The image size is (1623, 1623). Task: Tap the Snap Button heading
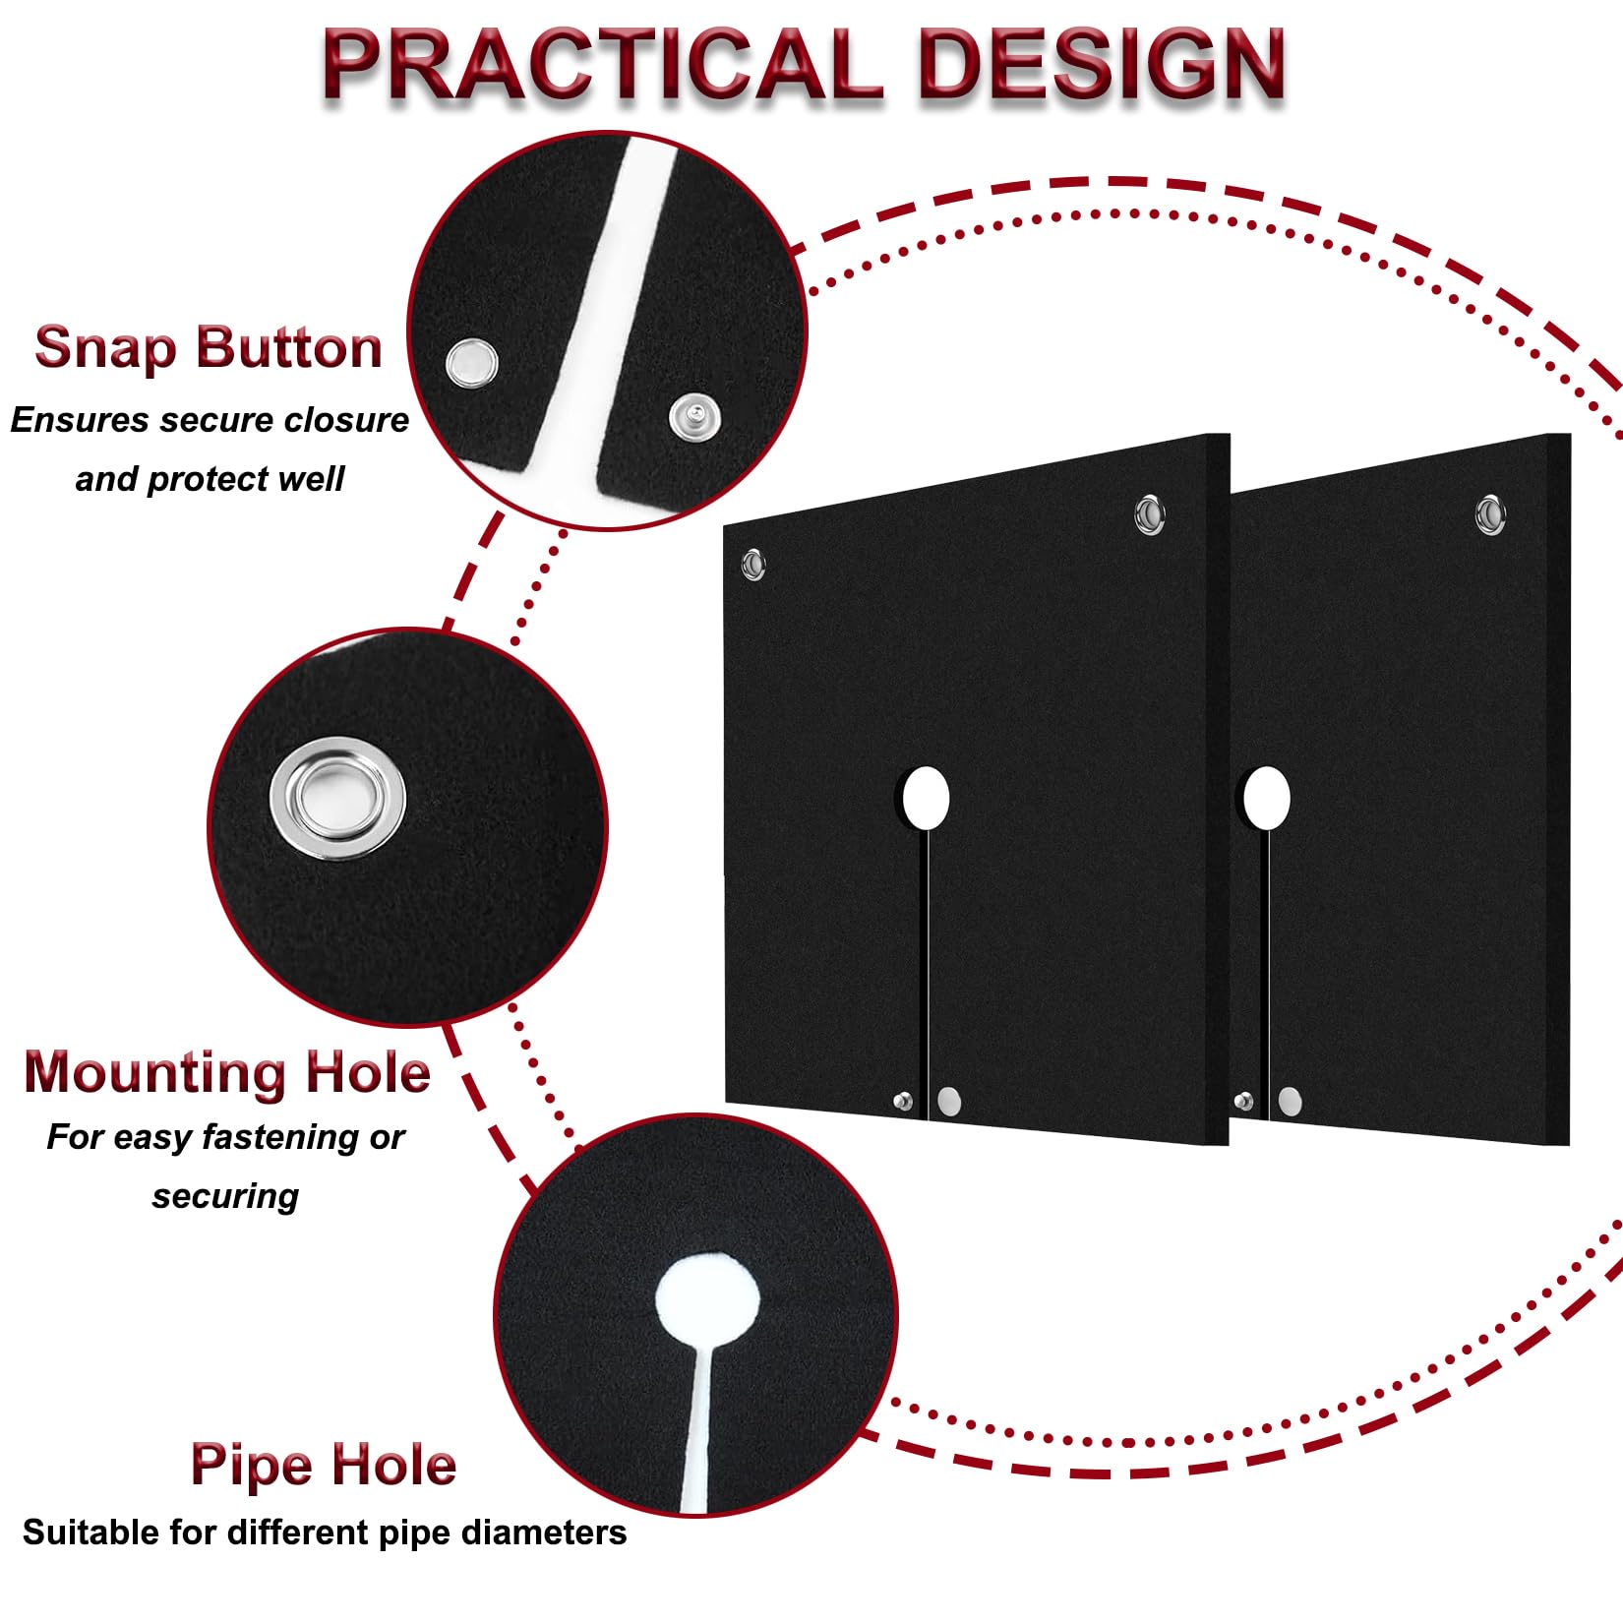point(209,347)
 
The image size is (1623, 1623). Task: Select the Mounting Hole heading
point(227,1071)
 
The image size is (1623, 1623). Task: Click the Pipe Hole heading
point(324,1466)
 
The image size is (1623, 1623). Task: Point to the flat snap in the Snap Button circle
point(471,363)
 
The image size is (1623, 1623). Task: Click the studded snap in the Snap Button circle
point(694,417)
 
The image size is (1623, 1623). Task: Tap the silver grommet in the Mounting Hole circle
point(337,800)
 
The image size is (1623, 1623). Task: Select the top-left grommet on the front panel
point(753,564)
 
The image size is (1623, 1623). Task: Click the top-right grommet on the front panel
point(1149,513)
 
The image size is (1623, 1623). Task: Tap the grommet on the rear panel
point(1490,513)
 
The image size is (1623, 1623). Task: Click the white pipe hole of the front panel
point(926,798)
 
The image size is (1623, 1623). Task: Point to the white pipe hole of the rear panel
point(1267,798)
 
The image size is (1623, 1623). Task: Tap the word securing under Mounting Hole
point(225,1197)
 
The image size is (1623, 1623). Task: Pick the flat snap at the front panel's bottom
point(949,1101)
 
